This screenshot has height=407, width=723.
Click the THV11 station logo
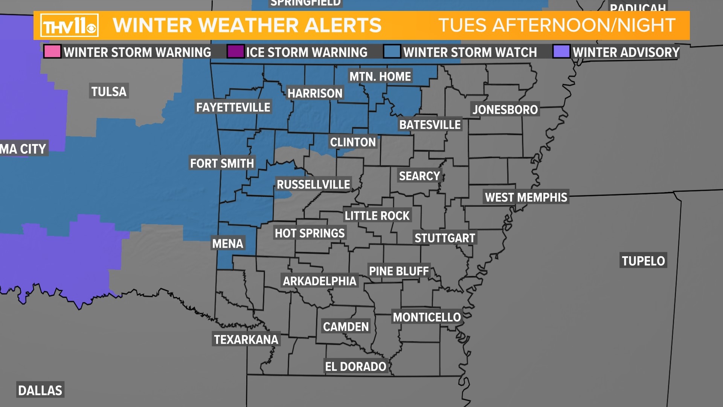tap(69, 26)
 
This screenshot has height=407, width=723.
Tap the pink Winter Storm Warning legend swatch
tap(52, 52)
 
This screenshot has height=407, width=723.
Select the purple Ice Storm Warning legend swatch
tap(235, 52)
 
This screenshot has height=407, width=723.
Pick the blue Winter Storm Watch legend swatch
tap(392, 52)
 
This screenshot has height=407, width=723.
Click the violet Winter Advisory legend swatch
tap(561, 52)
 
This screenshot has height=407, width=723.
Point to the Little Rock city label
tap(377, 216)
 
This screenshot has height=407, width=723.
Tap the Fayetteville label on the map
tap(233, 107)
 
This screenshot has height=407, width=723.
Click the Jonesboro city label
tap(505, 110)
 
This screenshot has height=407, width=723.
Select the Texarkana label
tap(246, 340)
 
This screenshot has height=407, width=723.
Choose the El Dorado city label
tap(355, 366)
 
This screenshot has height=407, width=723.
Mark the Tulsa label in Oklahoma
tap(109, 91)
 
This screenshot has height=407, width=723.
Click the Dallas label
tap(40, 390)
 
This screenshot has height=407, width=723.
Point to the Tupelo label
tap(643, 261)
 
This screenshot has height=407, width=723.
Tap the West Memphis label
tap(526, 197)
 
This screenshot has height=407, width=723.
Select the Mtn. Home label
tap(380, 77)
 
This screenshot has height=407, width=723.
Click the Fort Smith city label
tap(222, 163)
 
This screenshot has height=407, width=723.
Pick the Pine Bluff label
tap(399, 271)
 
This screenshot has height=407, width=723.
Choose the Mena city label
tap(227, 243)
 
